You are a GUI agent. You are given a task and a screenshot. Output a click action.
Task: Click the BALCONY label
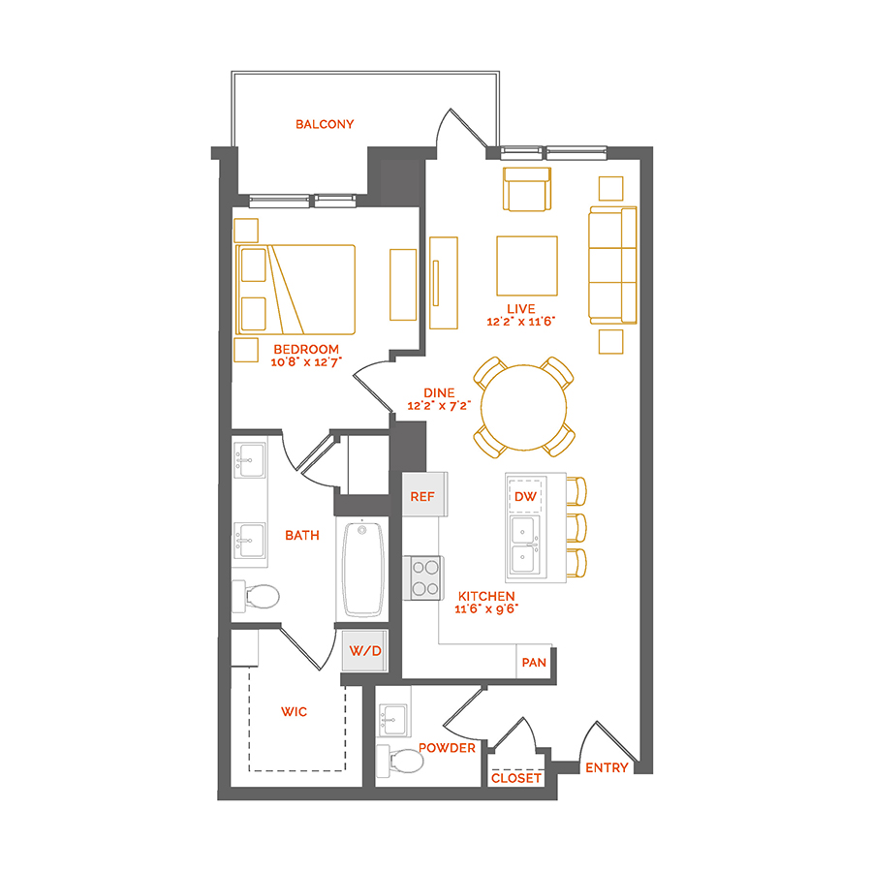pyautogui.click(x=325, y=124)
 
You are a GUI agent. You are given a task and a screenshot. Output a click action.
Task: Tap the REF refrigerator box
pyautogui.click(x=422, y=496)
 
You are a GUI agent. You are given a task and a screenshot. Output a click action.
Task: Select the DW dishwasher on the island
pyautogui.click(x=526, y=496)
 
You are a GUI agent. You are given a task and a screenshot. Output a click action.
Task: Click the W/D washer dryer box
pyautogui.click(x=364, y=651)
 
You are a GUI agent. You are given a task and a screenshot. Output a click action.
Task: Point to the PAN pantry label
pyautogui.click(x=534, y=663)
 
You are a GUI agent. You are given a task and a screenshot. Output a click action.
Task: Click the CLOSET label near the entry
pyautogui.click(x=516, y=778)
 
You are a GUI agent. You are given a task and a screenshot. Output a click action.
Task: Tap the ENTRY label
pyautogui.click(x=607, y=768)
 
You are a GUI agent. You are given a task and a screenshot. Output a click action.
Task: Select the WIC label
pyautogui.click(x=294, y=712)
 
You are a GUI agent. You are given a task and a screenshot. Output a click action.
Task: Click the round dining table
pyautogui.click(x=524, y=407)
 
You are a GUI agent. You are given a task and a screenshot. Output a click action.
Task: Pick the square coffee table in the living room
pyautogui.click(x=526, y=265)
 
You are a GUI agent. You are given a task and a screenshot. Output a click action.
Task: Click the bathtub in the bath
pyautogui.click(x=362, y=569)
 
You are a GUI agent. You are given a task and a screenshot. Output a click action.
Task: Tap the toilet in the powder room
pyautogui.click(x=401, y=763)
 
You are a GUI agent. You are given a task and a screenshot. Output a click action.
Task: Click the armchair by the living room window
pyautogui.click(x=526, y=190)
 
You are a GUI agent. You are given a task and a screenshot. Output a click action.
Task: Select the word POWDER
pyautogui.click(x=447, y=748)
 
